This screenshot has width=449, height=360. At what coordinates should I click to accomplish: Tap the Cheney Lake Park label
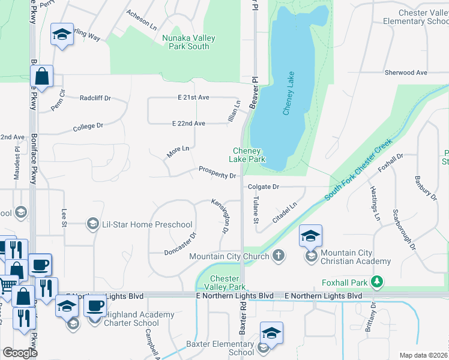coord(247,155)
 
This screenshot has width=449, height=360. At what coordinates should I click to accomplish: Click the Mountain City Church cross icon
coord(277,256)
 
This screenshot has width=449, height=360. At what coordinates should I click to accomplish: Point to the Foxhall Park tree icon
coord(376,280)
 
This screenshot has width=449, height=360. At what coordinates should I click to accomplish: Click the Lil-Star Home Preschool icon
coord(93,224)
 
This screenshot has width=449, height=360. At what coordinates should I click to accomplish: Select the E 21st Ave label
coord(193,97)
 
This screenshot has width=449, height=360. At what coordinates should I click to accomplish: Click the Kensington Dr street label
coord(221,217)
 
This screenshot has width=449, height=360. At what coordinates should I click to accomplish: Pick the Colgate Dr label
coord(264,187)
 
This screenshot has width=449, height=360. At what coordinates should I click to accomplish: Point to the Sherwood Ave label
coord(406,73)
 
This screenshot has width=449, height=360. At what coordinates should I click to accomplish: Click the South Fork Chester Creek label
coord(358,170)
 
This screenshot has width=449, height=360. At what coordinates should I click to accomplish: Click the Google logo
coord(20,352)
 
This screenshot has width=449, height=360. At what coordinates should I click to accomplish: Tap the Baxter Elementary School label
coord(220,348)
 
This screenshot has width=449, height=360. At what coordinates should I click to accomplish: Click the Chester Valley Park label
coord(225,283)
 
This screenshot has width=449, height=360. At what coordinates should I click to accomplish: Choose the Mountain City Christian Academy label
coord(356,257)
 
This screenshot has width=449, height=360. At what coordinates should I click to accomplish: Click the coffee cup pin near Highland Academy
coord(95,306)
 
